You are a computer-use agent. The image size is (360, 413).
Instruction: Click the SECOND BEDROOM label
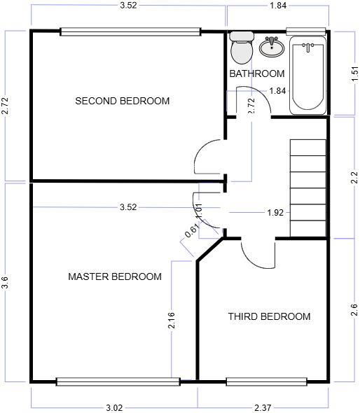123,101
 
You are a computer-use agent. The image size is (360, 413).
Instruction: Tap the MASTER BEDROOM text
114,276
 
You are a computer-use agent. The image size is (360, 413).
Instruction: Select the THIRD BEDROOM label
269,316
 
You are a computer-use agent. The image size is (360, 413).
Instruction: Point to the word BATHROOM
257,73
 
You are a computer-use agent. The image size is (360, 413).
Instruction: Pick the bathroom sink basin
271,48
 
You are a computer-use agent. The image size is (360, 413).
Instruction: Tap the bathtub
308,76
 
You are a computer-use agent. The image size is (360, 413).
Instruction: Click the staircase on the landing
308,188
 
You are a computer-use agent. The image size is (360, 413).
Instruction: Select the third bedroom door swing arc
259,253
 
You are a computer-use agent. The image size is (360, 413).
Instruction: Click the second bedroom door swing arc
208,155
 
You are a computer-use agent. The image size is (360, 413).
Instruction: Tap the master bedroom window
118,381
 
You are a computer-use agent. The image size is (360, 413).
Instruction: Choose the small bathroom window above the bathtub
306,31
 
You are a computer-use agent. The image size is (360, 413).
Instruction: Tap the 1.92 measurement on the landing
275,212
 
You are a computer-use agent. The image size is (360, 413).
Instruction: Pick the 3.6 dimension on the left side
6,282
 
